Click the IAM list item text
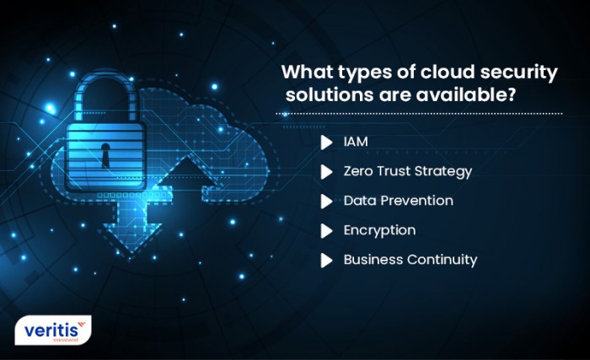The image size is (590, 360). click(356, 142)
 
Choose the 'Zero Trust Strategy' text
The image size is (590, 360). click(407, 171)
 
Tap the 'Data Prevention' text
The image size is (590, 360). click(398, 201)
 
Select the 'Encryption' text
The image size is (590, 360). click(379, 229)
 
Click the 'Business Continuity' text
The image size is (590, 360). click(410, 259)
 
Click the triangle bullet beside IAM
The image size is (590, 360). click(326, 142)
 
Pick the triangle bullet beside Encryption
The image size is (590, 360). click(326, 230)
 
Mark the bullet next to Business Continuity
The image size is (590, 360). click(326, 260)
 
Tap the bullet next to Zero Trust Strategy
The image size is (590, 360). click(326, 172)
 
